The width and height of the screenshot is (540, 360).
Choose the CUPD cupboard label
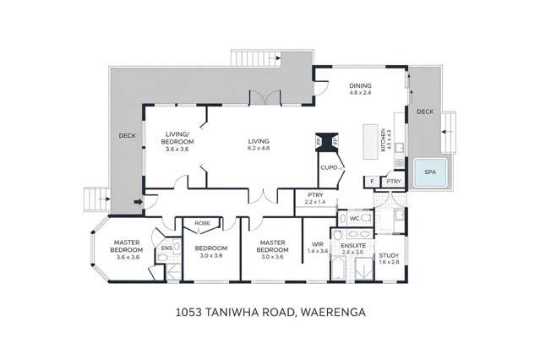(330, 167)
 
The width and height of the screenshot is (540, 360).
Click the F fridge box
(372, 181)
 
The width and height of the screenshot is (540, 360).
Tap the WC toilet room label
(355, 217)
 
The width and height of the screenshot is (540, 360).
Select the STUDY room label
(389, 258)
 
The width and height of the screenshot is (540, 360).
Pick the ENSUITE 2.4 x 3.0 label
(352, 248)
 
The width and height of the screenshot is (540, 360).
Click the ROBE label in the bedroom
(203, 223)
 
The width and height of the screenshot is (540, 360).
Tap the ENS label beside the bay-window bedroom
(166, 248)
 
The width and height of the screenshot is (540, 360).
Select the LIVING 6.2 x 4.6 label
(259, 145)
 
